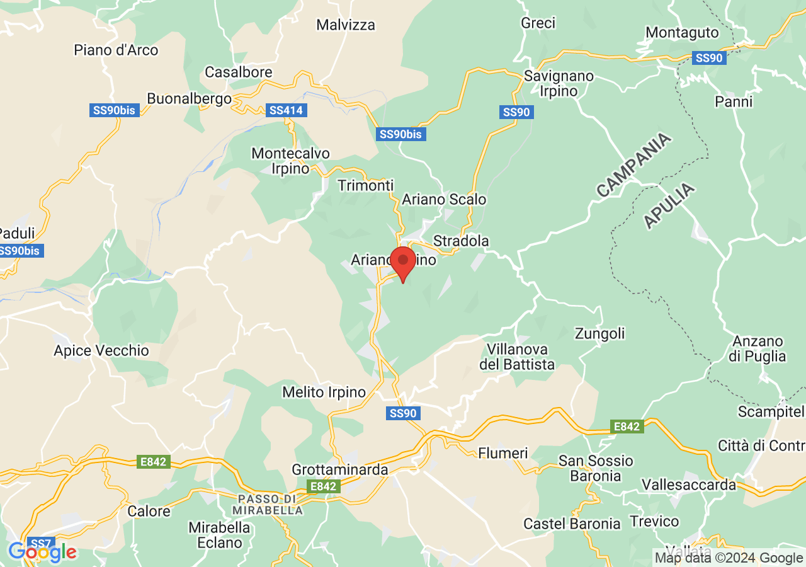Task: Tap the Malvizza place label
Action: coord(346,25)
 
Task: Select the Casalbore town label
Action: coord(239,72)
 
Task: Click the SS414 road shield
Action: coord(286,110)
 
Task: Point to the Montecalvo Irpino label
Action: coord(290,161)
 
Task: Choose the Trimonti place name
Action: coord(365,185)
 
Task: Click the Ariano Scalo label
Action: coord(445,200)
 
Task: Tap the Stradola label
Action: coord(461,241)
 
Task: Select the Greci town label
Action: coord(538,23)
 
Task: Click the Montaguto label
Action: coord(682,32)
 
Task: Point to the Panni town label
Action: coord(734,101)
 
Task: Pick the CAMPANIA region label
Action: coord(633,165)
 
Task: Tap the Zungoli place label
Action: coord(600,333)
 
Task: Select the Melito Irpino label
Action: coord(324,392)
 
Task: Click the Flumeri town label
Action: coord(503,453)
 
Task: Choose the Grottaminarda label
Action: coord(340,470)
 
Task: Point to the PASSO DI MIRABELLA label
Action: coord(268,505)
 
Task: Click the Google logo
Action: coord(42,553)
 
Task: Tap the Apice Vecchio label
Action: coord(101,351)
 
